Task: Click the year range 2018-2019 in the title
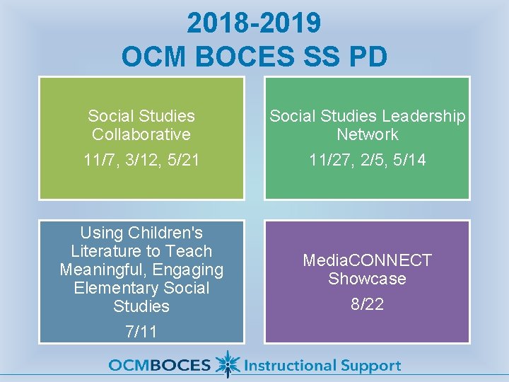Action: [x=254, y=23]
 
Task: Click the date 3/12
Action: [x=140, y=161]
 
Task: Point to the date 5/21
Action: [x=181, y=161]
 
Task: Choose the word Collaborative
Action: [x=141, y=134]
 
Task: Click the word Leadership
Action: [x=425, y=116]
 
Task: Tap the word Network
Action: [x=367, y=134]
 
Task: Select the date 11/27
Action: [x=327, y=161]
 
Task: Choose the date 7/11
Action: [x=141, y=332]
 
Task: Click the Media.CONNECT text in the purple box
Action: [x=367, y=260]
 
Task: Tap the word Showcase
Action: [x=367, y=279]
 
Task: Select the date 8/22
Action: [x=367, y=304]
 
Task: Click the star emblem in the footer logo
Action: [x=226, y=364]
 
